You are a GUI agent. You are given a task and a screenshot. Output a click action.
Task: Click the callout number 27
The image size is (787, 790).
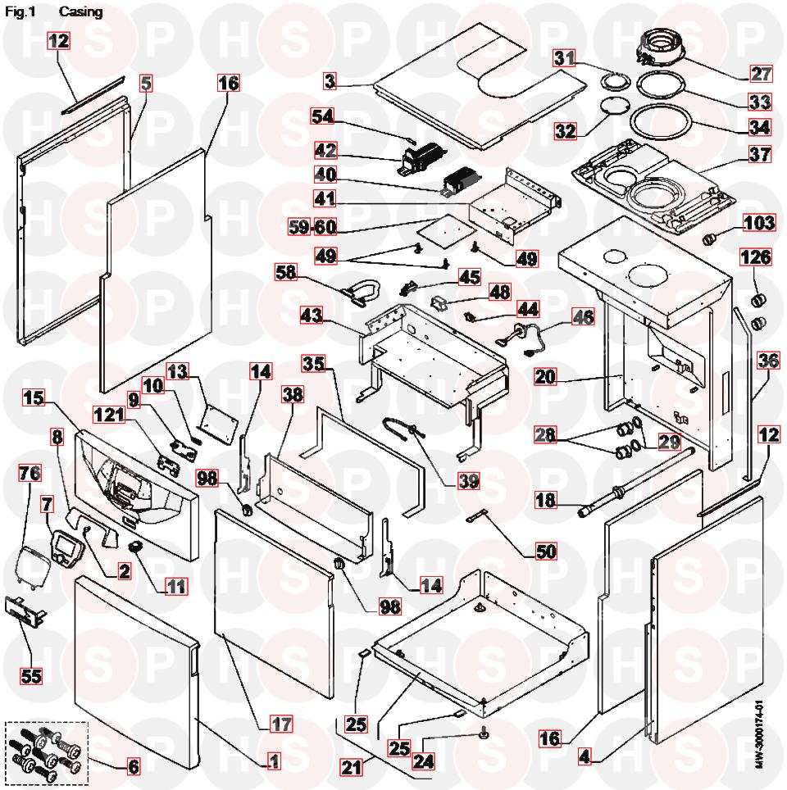point(761,74)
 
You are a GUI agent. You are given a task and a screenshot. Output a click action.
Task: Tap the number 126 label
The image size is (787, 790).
point(756,257)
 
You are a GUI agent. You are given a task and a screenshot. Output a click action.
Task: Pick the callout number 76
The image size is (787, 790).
point(30,475)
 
